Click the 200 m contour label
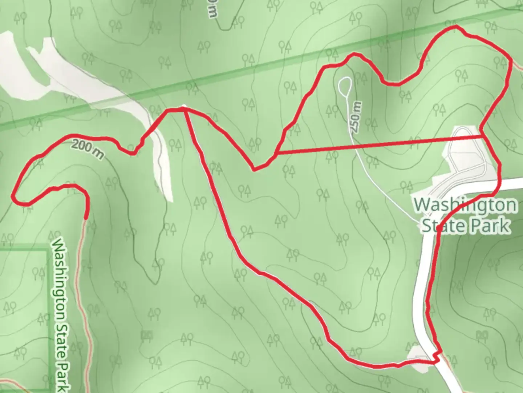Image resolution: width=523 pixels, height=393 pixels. tap(88, 149)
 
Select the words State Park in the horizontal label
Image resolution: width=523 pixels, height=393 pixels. tap(465, 226)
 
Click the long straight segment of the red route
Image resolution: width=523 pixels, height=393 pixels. tap(378, 145)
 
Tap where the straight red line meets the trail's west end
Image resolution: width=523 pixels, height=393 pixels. tap(276, 154)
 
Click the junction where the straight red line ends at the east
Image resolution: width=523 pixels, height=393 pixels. tap(483, 136)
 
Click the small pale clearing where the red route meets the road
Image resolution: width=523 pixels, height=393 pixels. tap(418, 358)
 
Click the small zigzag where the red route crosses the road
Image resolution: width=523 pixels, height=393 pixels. tap(438, 357)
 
